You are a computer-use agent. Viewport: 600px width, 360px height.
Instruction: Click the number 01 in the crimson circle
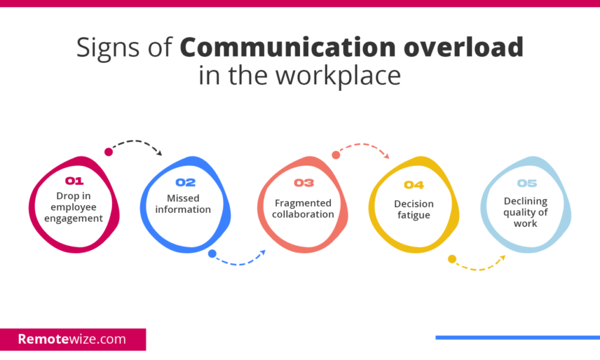tap(74, 181)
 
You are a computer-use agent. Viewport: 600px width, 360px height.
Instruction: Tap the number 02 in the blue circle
tap(185, 182)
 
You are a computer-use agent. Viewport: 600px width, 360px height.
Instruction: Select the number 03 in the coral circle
tap(304, 182)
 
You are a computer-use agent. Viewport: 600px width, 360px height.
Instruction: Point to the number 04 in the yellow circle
tap(414, 185)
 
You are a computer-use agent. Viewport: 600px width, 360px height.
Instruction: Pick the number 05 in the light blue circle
tap(526, 184)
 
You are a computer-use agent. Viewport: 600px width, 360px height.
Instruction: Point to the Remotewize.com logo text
tap(71, 339)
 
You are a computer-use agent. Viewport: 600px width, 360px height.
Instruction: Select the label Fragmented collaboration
tap(304, 208)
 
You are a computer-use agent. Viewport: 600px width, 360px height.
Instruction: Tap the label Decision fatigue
tap(414, 209)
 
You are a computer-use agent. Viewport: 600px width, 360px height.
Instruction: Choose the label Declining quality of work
tap(526, 212)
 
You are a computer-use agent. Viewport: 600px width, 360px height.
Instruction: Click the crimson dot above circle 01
tap(108, 152)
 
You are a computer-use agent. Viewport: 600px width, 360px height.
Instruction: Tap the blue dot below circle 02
tap(212, 254)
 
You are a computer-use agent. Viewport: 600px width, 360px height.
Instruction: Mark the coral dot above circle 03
tap(336, 155)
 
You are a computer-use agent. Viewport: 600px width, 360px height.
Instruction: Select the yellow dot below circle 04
tap(452, 259)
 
